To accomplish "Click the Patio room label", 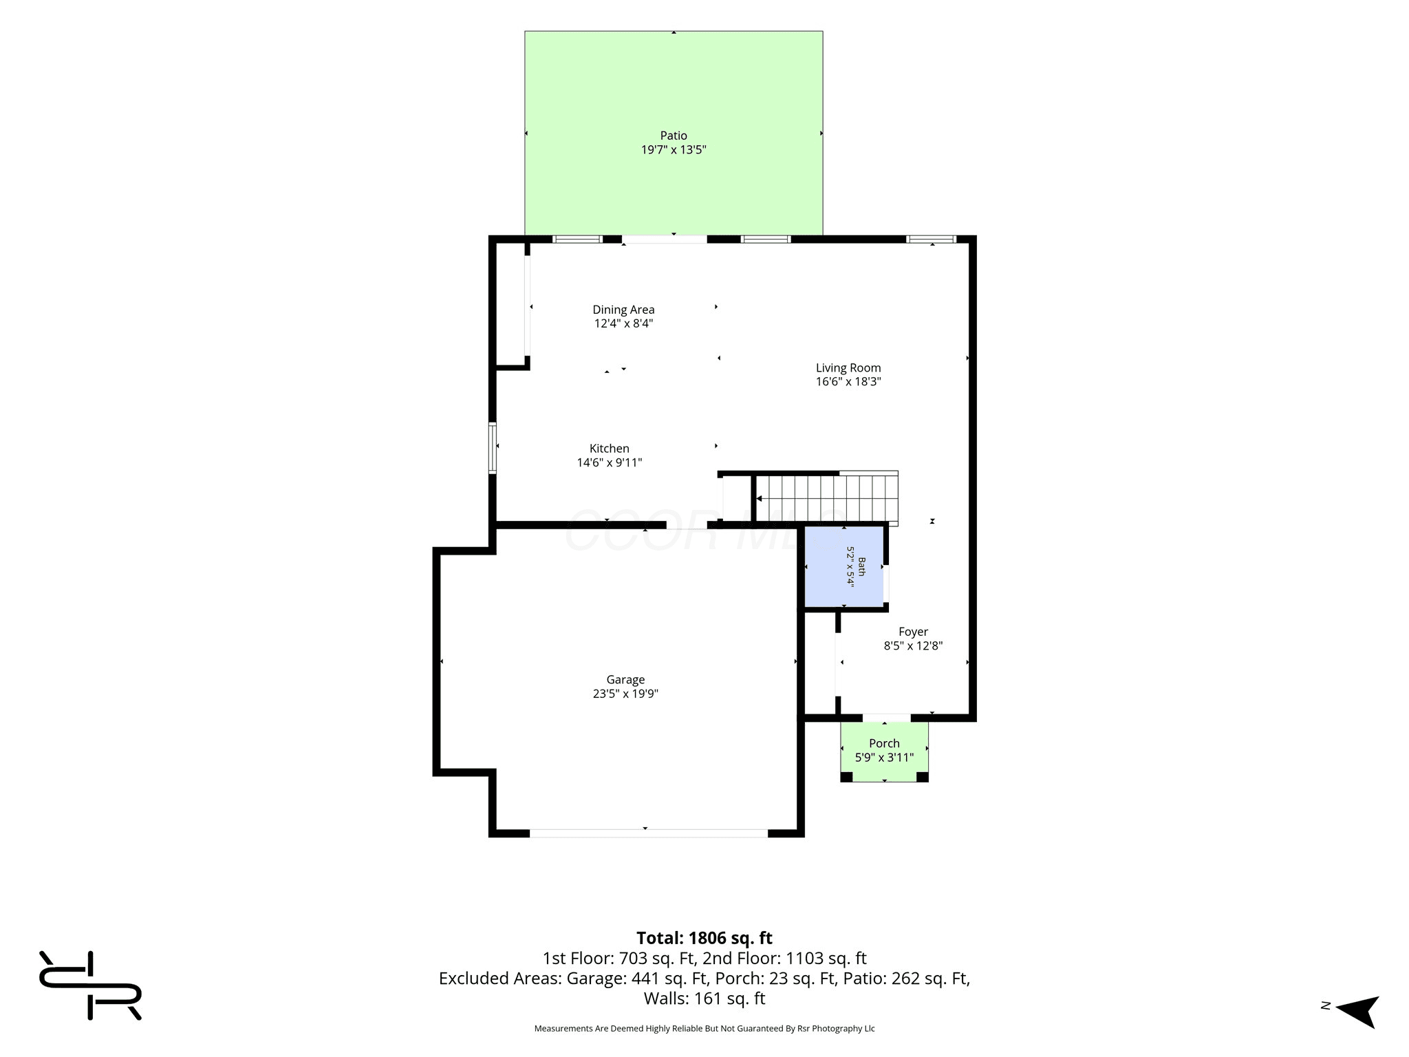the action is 674,136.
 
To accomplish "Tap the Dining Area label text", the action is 623,310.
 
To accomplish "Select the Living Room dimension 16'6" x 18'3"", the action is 848,381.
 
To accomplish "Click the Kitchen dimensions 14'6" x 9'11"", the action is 610,462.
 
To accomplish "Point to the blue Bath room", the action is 845,567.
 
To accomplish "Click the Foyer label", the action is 913,632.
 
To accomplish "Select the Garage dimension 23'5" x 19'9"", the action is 625,694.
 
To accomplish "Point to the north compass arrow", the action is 1357,1011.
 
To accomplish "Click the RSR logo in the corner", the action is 90,985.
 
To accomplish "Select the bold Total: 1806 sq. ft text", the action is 704,938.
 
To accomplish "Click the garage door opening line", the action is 648,833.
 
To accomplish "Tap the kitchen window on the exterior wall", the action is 493,447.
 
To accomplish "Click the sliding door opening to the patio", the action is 665,239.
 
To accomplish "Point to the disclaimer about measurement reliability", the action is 704,1028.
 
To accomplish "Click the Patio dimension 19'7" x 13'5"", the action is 674,149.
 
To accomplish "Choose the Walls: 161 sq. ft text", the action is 704,998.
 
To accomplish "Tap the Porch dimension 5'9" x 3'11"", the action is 884,758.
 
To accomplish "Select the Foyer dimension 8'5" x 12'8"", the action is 913,645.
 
